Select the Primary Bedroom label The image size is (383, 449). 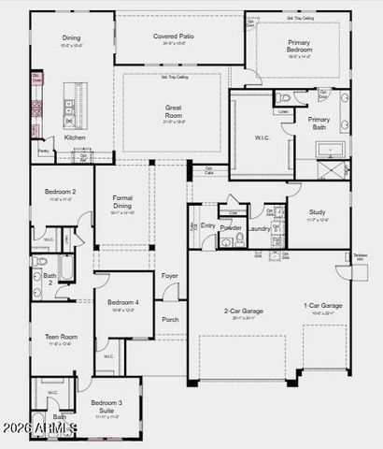(x=299, y=46)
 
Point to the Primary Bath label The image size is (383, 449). (x=319, y=123)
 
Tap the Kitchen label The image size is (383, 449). (x=75, y=138)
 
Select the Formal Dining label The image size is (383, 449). (x=122, y=201)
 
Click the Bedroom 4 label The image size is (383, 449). (x=122, y=302)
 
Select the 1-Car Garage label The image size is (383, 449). (x=322, y=306)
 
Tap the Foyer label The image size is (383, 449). (x=170, y=276)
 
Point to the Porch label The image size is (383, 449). (x=170, y=319)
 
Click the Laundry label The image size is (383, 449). (x=259, y=228)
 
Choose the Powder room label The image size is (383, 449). (x=231, y=227)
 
